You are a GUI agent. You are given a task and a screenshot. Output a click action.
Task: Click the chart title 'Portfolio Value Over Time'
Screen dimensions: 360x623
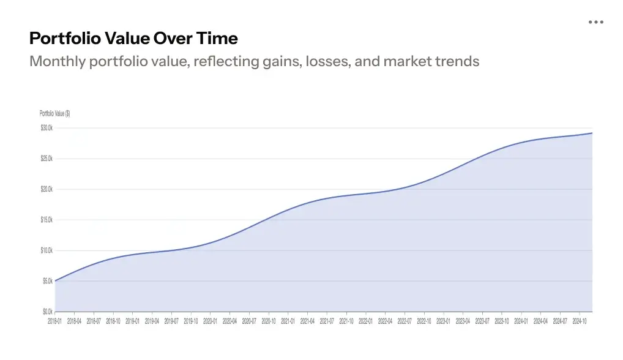pos(133,39)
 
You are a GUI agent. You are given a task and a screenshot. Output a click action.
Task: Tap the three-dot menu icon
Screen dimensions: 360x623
pos(595,22)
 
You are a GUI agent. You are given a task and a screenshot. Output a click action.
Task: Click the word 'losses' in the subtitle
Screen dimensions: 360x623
pos(326,61)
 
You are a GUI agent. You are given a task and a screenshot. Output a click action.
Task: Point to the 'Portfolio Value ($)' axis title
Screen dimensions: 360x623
pos(54,113)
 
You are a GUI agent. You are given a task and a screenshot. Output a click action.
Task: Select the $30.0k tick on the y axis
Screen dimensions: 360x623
pos(47,128)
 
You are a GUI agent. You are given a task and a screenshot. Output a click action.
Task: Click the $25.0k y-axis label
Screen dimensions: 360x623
pos(47,159)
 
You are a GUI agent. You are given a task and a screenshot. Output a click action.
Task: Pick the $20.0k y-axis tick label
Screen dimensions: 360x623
pos(47,189)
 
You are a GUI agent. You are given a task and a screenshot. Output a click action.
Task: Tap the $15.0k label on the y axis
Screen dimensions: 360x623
pos(47,220)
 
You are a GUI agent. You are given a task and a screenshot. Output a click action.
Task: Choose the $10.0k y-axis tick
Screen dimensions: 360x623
pos(47,250)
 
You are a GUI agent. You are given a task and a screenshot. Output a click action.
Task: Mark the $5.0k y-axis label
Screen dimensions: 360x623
pos(48,281)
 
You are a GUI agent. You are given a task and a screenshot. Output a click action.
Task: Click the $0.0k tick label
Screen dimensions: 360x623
pos(48,312)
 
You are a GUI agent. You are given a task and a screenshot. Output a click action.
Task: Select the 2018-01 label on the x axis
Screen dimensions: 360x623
pos(55,320)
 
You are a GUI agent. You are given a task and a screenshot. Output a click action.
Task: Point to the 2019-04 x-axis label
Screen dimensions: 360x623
pos(152,320)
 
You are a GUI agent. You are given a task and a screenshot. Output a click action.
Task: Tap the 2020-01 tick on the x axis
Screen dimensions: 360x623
pos(210,320)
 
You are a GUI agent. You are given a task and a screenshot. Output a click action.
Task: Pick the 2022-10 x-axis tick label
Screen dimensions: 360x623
pos(423,320)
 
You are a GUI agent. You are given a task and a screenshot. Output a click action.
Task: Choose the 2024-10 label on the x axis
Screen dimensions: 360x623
pos(579,320)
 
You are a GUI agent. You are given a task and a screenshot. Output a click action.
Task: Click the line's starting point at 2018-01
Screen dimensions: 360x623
pos(55,281)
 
